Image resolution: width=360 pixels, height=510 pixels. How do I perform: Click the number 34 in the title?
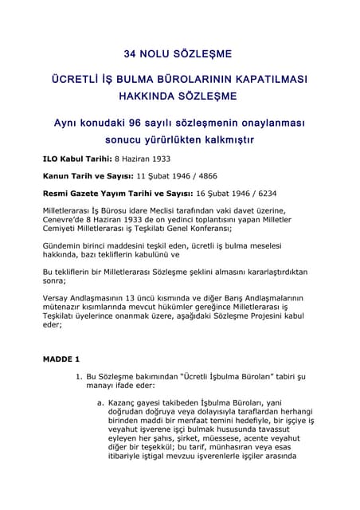(131, 54)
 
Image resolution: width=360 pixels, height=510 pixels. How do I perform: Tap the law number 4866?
(205, 175)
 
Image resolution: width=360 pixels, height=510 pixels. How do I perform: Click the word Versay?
(55, 295)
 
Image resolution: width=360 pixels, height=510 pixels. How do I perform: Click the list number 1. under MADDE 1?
(78, 375)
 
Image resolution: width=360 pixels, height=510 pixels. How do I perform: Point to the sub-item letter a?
(100, 402)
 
